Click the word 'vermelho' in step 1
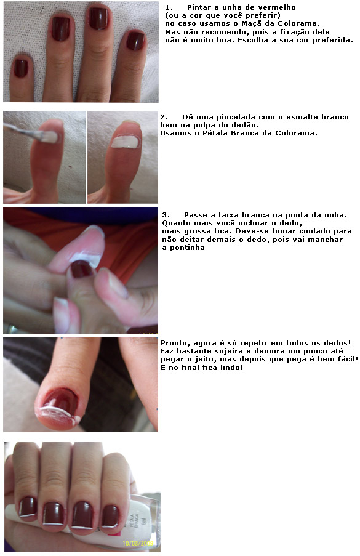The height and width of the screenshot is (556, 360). coord(277,7)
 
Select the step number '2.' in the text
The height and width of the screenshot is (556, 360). coord(164,117)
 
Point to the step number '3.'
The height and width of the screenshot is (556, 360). coord(166,215)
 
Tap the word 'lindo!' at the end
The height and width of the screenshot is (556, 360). coord(231,368)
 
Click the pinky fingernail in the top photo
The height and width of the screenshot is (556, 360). coord(20,68)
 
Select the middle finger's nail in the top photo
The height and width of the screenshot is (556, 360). coord(98,18)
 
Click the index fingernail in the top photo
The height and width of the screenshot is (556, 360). coord(60,29)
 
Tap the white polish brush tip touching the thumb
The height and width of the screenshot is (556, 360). coord(49,137)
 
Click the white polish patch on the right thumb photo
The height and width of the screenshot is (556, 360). coord(125,142)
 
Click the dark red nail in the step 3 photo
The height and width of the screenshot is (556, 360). coord(81,269)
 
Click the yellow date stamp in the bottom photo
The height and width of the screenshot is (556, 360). coord(138,543)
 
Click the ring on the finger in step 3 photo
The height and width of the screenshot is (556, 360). coord(11,329)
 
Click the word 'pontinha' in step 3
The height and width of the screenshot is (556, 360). coord(183,248)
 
